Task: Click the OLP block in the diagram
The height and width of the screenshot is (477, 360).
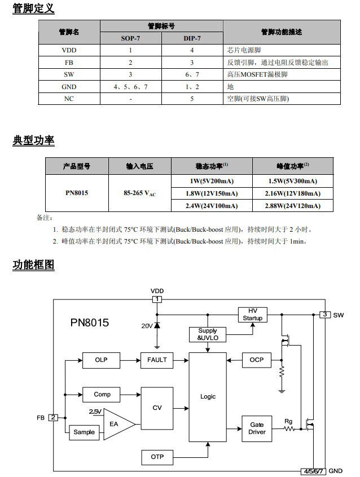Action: (x=101, y=359)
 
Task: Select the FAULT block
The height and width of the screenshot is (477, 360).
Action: (x=157, y=359)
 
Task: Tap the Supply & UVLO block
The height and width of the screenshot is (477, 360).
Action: (x=208, y=334)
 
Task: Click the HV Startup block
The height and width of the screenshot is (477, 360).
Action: (x=252, y=315)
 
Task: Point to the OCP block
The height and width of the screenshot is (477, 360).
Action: (x=256, y=359)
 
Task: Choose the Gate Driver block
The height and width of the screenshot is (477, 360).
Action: (x=257, y=429)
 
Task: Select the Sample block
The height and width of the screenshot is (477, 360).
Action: (x=85, y=432)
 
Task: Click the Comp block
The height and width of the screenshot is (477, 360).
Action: (x=102, y=394)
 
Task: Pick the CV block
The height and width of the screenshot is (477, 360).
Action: (x=157, y=408)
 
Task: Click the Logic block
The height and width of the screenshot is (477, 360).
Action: (x=208, y=397)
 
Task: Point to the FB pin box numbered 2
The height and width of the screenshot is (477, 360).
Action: (x=53, y=417)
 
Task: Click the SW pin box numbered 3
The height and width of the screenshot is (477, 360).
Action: (x=324, y=314)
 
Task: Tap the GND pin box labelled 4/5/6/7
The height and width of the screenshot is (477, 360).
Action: (x=313, y=471)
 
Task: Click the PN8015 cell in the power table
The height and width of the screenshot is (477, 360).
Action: (x=77, y=193)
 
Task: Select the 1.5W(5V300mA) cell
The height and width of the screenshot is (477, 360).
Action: (x=293, y=181)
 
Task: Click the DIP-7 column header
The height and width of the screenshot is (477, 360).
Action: (x=192, y=38)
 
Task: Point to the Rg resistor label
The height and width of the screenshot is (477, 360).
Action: (x=288, y=421)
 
